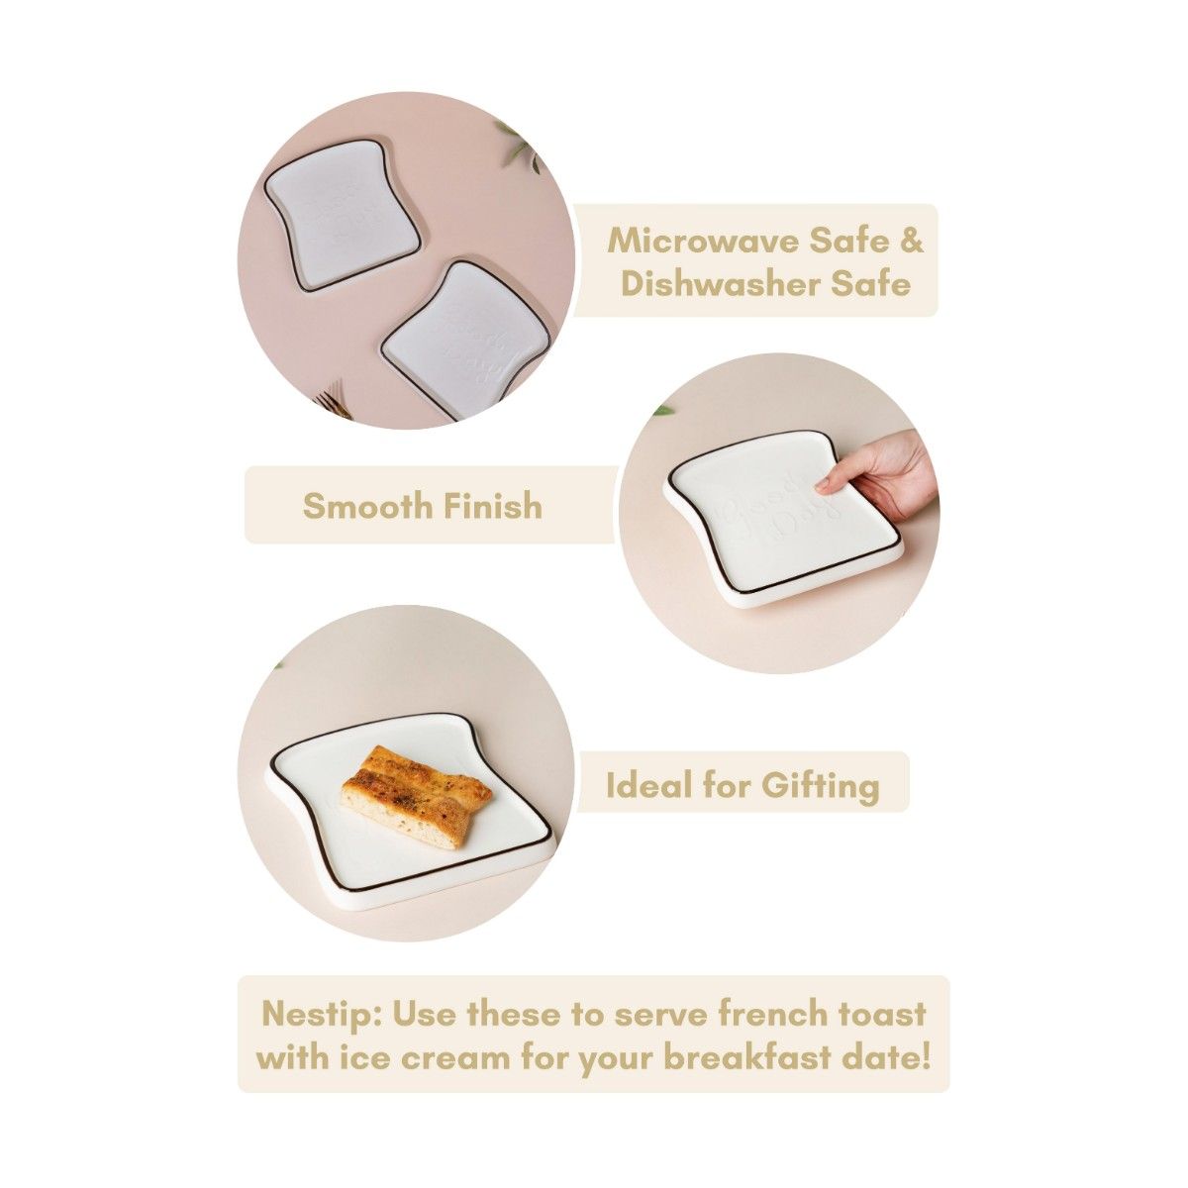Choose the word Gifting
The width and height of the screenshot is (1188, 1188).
(820, 785)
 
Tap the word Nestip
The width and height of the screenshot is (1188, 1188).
(319, 1015)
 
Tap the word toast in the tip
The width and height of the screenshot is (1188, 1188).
(889, 1015)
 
